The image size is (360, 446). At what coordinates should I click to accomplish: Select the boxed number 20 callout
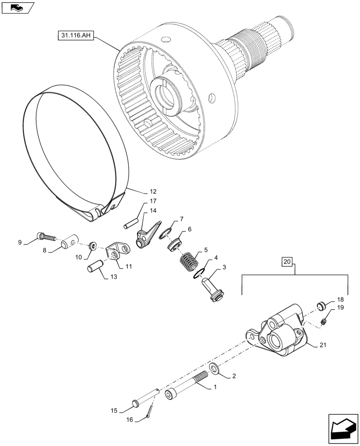pos(287,262)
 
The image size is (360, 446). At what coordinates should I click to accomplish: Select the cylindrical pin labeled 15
pos(143,398)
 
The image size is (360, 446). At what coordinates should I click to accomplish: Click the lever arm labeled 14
pos(146,235)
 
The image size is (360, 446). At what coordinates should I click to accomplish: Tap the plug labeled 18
pos(320,306)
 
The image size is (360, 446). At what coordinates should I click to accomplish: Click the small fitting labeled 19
pos(325,320)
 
